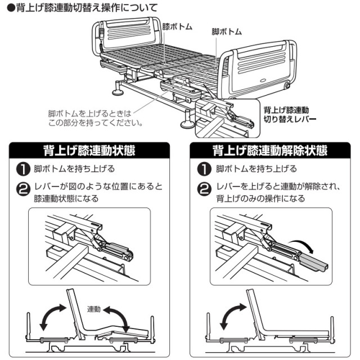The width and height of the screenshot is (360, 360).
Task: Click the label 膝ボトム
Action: [177, 26]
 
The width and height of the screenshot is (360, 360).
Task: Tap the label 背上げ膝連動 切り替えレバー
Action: [290, 114]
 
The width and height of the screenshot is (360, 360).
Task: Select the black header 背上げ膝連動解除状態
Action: [270, 150]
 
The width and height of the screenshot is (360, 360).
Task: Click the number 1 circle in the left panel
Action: [22, 169]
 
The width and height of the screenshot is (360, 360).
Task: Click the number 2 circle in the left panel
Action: [22, 188]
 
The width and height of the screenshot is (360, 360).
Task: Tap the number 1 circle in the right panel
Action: [204, 169]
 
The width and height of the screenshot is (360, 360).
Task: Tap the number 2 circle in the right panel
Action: [204, 188]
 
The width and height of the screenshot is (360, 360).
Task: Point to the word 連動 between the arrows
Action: [94, 309]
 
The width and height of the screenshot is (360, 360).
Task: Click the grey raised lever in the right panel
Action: [312, 262]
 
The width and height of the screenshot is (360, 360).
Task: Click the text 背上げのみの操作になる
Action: [260, 199]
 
